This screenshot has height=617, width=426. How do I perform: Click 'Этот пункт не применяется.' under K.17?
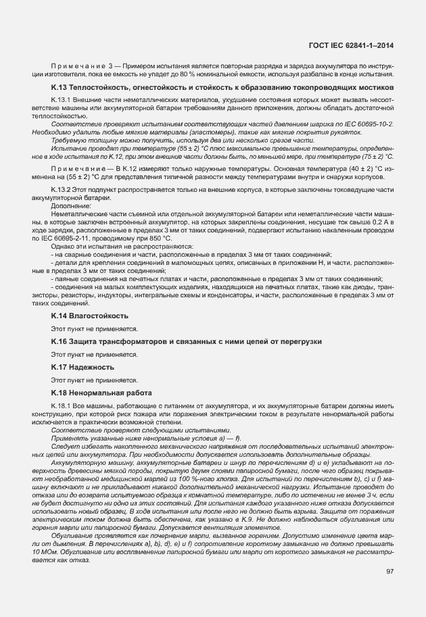85,380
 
